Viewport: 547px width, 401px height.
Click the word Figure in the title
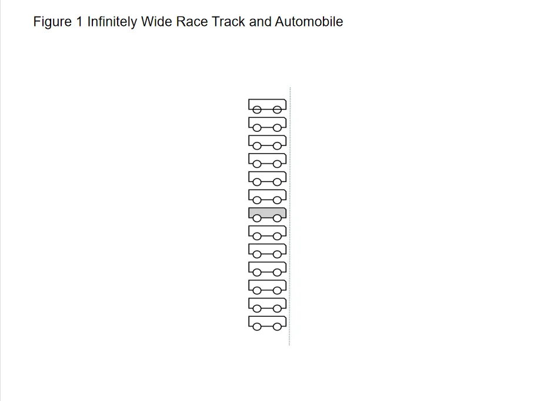coord(52,22)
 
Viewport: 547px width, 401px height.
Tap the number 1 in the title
coord(79,22)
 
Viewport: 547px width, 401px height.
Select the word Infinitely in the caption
coord(112,22)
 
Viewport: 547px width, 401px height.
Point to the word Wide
coord(156,22)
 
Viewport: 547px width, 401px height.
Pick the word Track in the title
coord(228,22)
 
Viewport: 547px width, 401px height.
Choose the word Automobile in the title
coord(309,22)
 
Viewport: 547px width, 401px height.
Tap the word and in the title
coord(260,22)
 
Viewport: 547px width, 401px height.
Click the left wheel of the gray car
coord(257,218)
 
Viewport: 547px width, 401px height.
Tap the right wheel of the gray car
coord(277,218)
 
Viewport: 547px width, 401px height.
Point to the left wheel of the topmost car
coord(257,110)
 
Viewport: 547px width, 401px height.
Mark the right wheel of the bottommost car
coord(277,327)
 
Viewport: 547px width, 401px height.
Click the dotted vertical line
coord(289,216)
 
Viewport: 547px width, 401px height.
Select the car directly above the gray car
coord(267,195)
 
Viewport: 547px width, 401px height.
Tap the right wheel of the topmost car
coord(277,110)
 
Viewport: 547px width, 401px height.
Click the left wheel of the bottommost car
coord(257,327)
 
